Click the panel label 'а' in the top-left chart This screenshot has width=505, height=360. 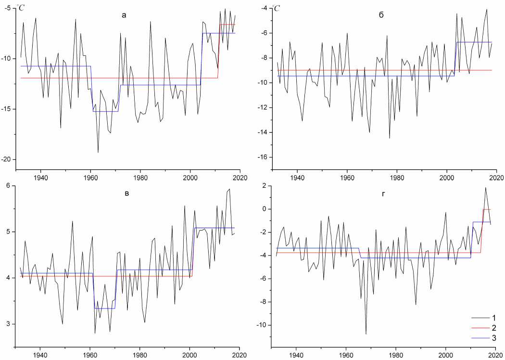click(x=124, y=15)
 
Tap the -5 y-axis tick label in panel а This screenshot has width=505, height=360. click(x=9, y=8)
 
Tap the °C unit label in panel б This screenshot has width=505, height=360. click(x=277, y=8)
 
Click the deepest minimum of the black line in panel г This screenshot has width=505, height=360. click(x=366, y=334)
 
